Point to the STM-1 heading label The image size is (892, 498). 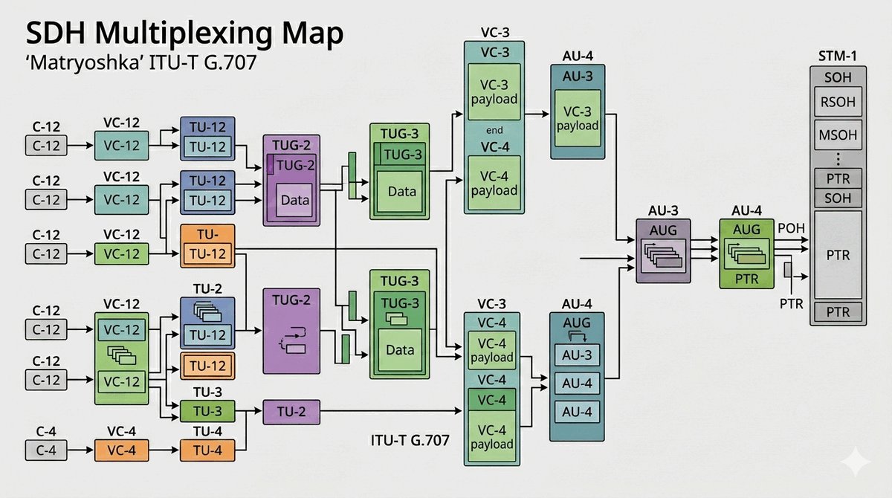click(837, 56)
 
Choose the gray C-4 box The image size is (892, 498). click(46, 450)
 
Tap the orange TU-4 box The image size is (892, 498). click(207, 450)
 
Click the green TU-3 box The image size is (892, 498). click(207, 412)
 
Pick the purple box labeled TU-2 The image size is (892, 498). click(291, 412)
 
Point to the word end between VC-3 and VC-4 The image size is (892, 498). click(494, 131)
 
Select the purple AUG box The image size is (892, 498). click(663, 250)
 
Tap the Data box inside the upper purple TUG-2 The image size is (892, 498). click(294, 199)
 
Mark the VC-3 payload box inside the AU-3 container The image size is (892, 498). click(578, 117)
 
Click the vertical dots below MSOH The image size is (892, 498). click(838, 158)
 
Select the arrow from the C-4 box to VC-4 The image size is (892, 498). click(80, 450)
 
